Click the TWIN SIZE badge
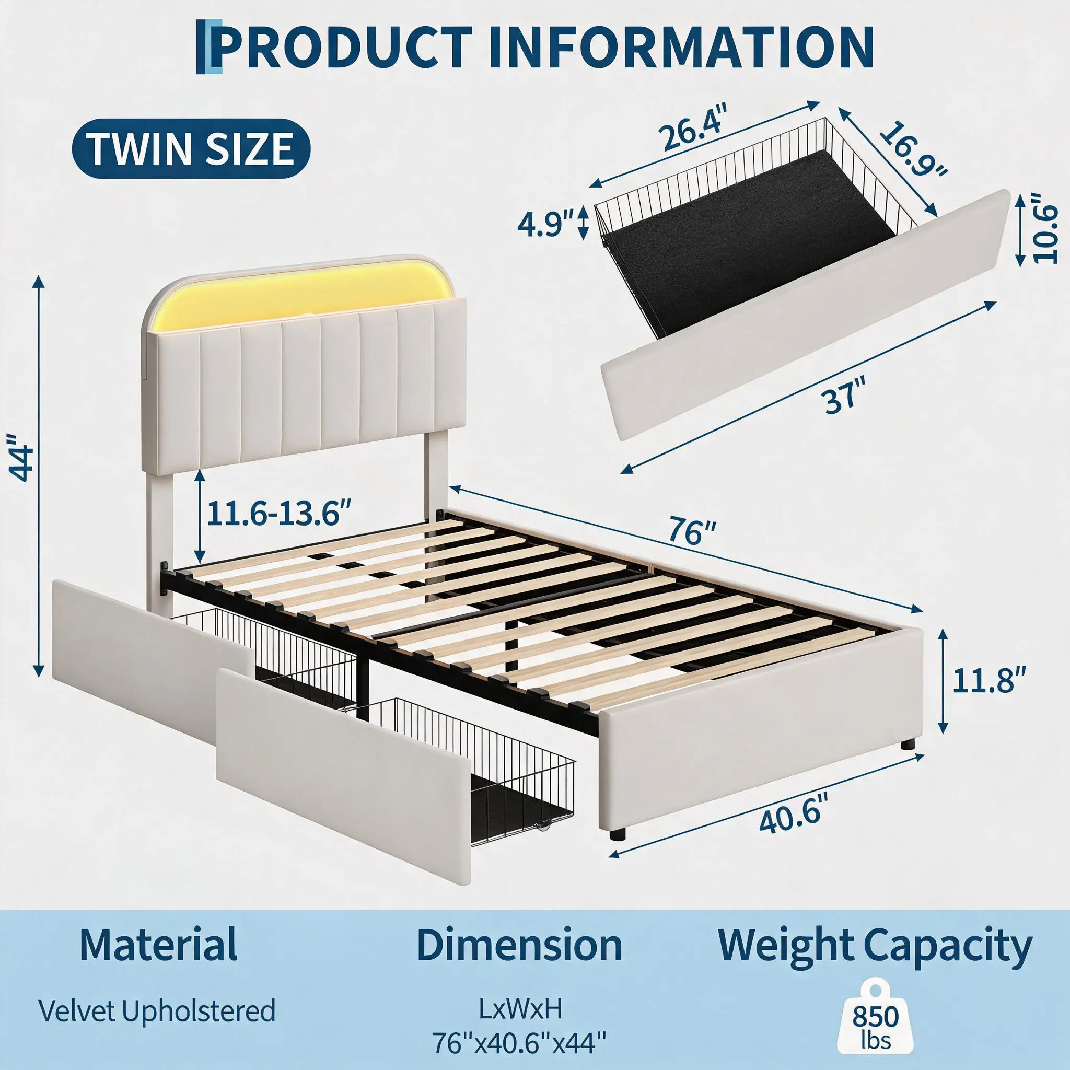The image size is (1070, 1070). tap(191, 148)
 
